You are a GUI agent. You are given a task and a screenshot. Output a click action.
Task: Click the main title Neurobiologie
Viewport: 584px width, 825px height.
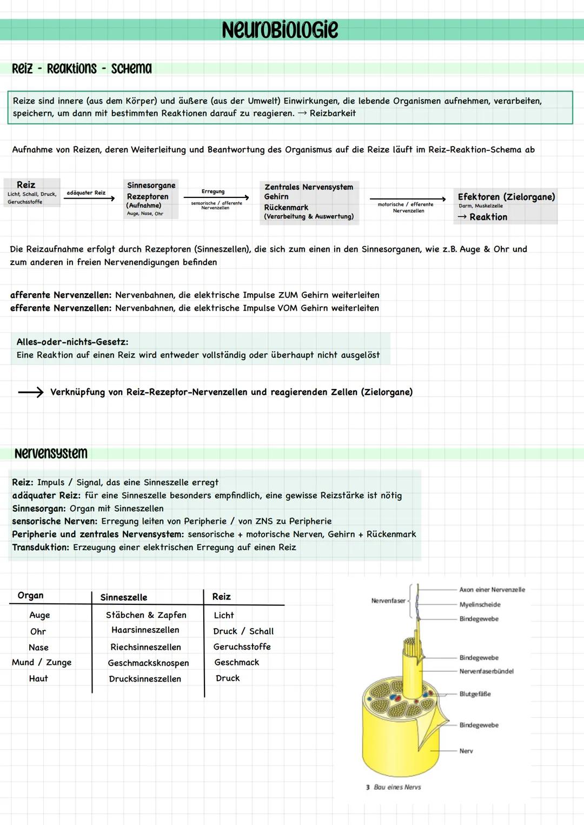280,30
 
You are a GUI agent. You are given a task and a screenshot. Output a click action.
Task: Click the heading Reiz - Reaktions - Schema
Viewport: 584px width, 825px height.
82,69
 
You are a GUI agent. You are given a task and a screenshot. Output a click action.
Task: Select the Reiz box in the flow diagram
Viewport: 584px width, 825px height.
31,192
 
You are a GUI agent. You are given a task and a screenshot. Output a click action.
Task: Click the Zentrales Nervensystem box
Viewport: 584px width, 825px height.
309,201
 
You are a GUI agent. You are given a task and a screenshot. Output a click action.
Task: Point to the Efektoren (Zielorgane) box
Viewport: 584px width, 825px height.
506,206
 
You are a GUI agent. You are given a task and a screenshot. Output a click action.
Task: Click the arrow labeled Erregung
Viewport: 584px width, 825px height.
216,197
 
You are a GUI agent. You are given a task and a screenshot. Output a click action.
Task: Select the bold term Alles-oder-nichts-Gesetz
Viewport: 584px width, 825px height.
72,342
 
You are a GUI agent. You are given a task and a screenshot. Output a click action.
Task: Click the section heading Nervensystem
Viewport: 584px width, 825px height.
51,453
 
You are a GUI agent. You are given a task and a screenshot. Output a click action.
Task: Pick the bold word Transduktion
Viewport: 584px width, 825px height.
41,547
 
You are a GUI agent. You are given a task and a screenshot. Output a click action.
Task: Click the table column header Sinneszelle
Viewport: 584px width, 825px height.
124,597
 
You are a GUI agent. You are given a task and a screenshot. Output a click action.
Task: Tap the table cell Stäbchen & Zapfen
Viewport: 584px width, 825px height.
146,615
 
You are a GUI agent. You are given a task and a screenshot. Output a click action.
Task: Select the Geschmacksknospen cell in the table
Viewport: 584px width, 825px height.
148,663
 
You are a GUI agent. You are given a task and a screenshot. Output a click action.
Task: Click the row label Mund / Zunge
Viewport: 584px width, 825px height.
42,663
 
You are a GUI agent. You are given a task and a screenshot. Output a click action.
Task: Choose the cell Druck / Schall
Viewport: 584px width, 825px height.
243,631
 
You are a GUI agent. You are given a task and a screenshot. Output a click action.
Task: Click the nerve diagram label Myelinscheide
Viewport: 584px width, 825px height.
480,605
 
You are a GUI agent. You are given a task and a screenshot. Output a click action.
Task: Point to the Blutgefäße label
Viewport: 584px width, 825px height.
475,694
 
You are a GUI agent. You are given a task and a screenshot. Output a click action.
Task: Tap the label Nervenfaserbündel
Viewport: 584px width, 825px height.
486,671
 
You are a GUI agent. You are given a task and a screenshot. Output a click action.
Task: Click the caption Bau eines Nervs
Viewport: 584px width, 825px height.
397,787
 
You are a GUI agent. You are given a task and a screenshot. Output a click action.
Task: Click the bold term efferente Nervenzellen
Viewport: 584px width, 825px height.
61,308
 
